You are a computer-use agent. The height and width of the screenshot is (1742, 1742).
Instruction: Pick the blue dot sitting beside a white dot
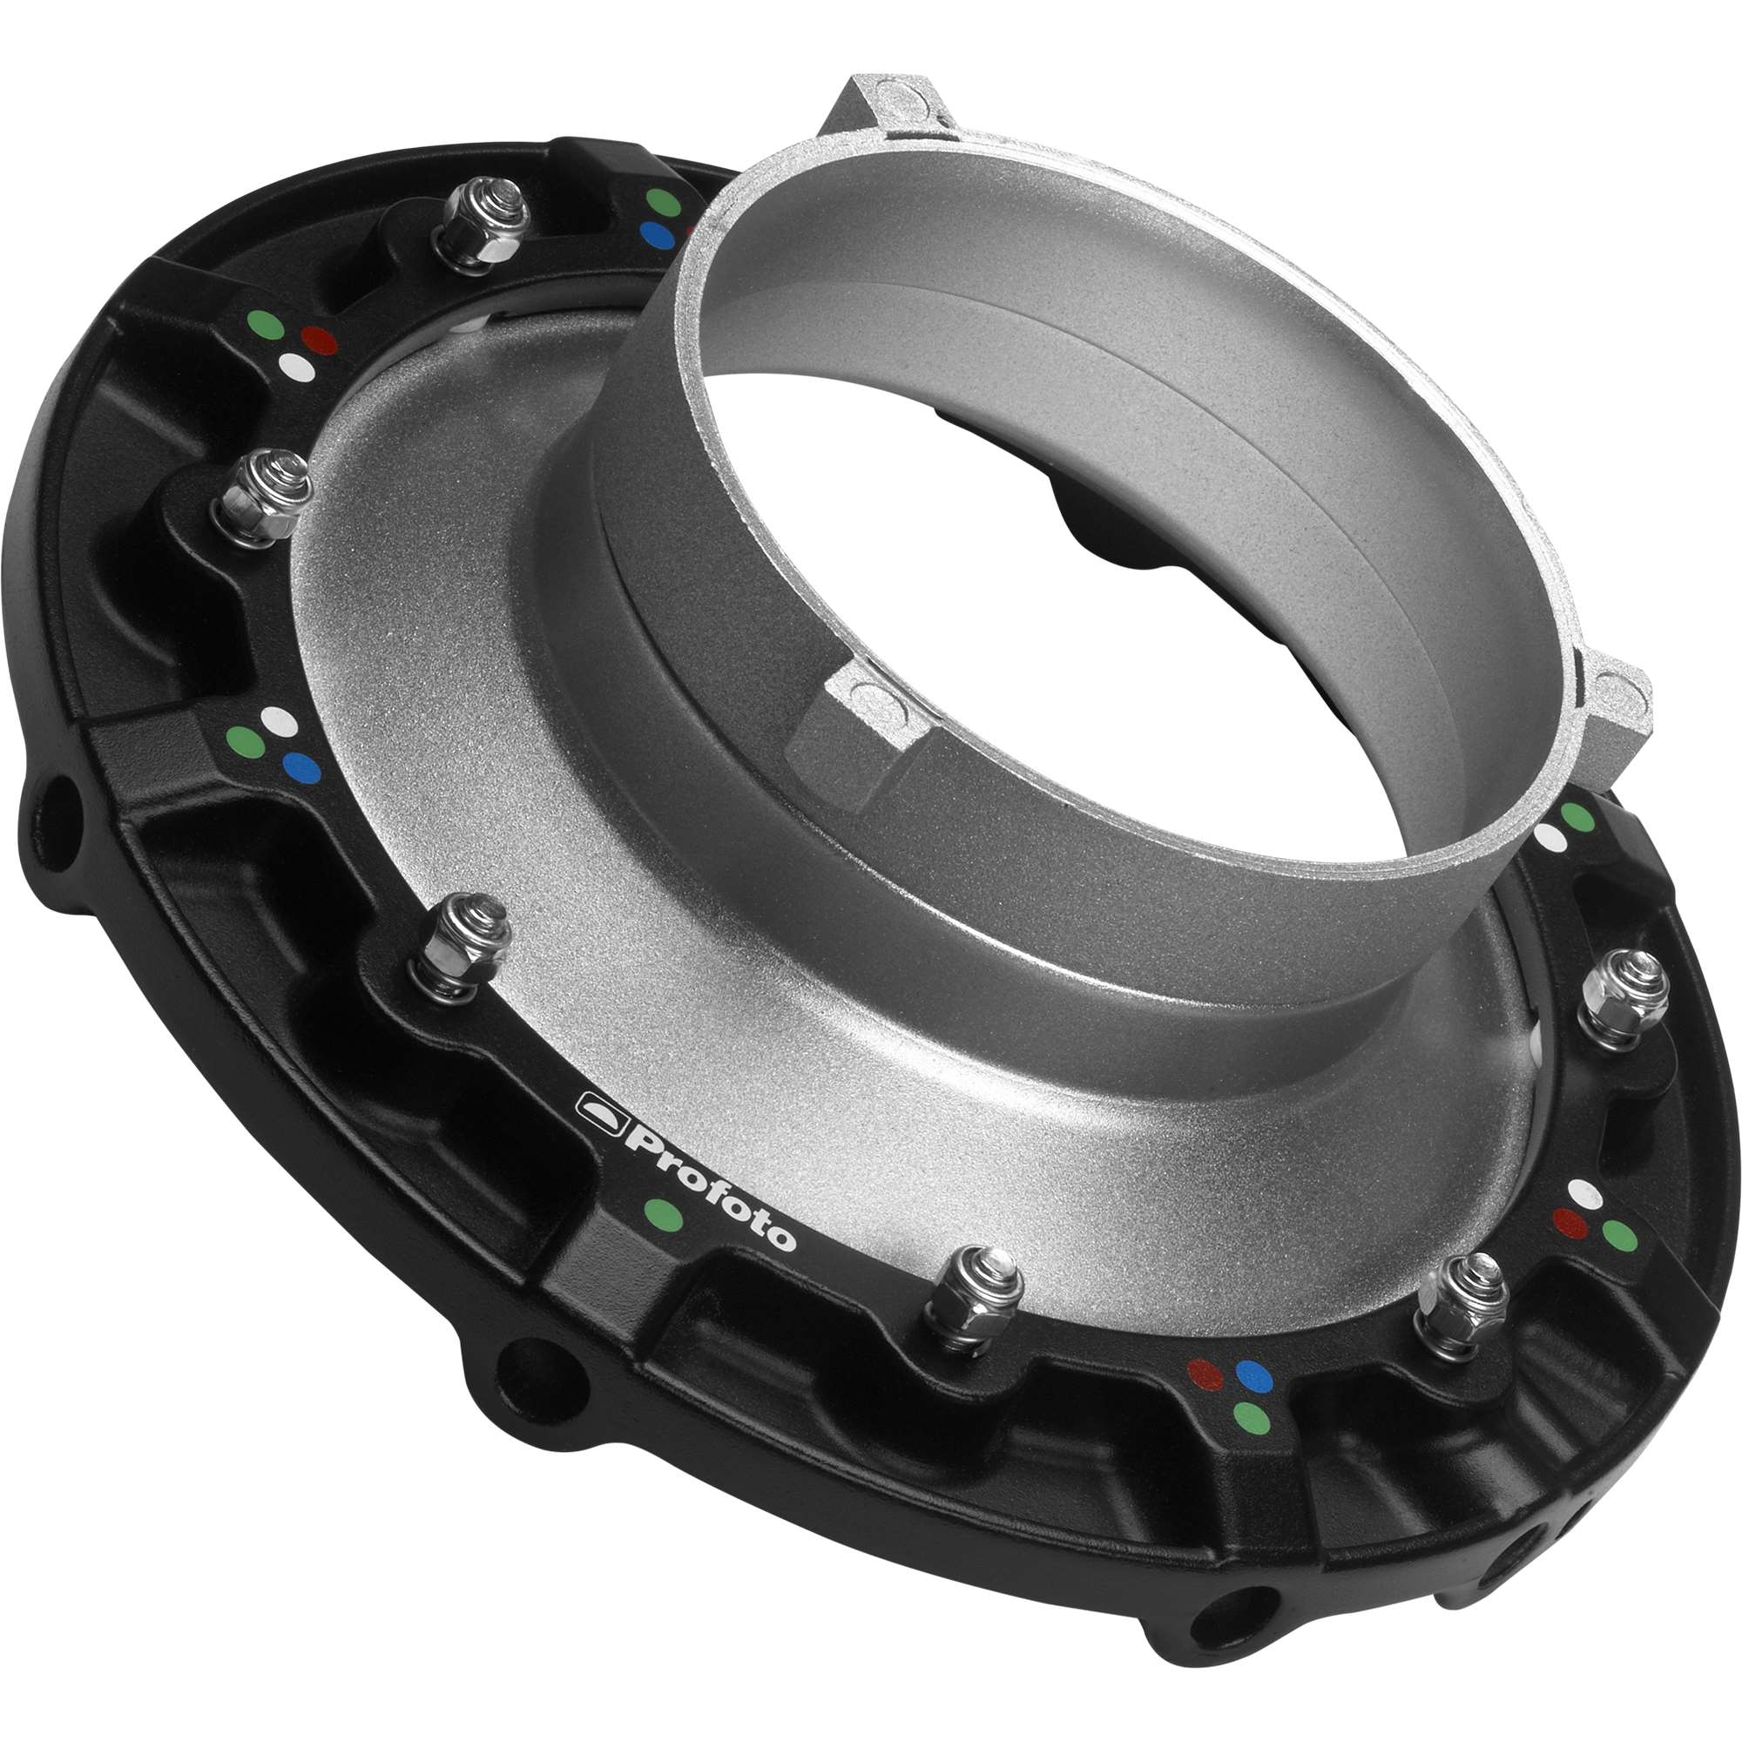(301, 767)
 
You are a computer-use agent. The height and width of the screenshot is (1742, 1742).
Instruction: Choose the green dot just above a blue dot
(665, 200)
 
